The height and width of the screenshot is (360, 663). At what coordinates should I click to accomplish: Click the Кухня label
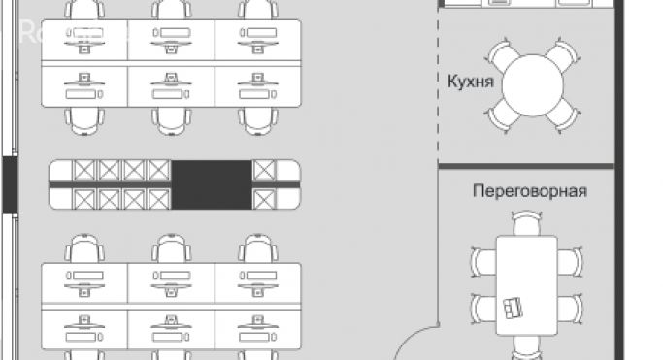click(471, 81)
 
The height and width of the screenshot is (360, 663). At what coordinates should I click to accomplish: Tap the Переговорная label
click(529, 191)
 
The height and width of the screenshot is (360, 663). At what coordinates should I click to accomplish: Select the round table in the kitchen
click(530, 83)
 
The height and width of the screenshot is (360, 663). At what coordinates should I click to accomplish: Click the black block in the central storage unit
click(212, 183)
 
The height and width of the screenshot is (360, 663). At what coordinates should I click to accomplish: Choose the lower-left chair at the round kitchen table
click(502, 115)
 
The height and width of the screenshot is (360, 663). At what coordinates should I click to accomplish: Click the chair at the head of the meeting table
click(527, 225)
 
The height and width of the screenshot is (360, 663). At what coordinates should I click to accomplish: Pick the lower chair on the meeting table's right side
click(572, 309)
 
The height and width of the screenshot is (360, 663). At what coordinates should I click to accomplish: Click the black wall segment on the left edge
click(9, 183)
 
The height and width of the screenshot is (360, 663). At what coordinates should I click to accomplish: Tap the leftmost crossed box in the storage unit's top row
click(85, 171)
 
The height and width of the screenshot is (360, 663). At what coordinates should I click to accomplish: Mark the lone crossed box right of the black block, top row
click(263, 171)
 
